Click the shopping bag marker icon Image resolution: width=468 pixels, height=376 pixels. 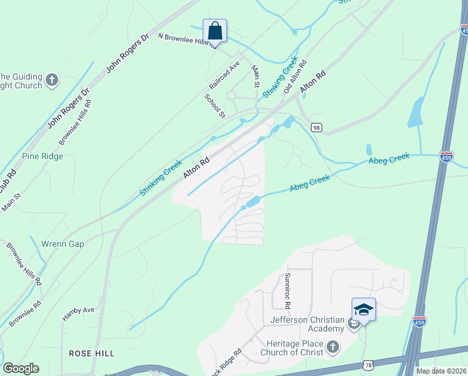click(215, 29)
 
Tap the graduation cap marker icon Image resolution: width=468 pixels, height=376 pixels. click(364, 309)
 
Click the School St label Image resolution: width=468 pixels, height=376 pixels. click(215, 105)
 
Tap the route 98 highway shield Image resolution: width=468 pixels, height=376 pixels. click(317, 127)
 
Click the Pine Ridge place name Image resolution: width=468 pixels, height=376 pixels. click(43, 156)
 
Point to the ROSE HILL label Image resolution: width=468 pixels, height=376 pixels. click(92, 353)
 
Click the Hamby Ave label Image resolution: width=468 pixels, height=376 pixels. click(78, 313)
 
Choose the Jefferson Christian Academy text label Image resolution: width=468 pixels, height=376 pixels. click(307, 324)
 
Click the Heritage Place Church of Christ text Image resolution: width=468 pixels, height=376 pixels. click(293, 348)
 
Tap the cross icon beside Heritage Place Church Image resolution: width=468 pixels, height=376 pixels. click(333, 347)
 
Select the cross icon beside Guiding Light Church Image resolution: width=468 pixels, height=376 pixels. click(52, 80)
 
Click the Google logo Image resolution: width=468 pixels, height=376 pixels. click(21, 368)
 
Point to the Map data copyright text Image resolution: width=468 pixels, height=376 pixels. click(441, 371)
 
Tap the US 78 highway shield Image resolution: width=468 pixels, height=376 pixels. click(369, 365)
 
